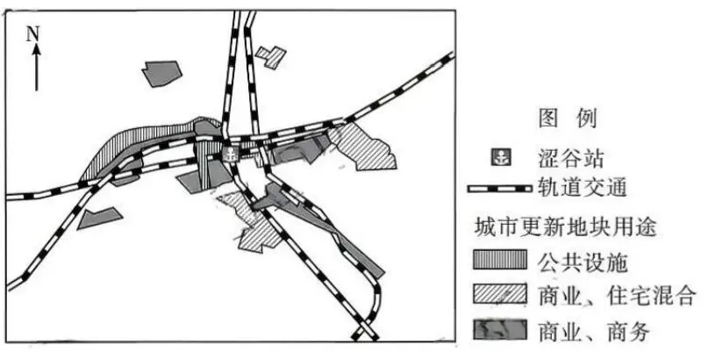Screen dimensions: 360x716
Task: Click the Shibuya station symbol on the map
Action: point(229,155)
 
